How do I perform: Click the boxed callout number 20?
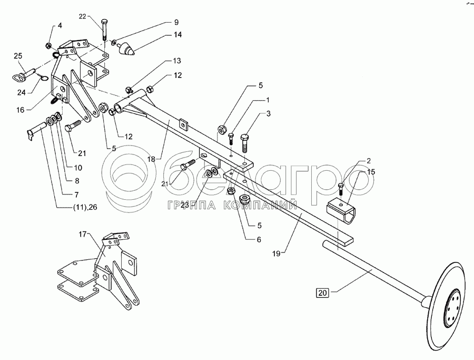(x=322, y=293)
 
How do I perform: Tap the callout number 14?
(x=177, y=35)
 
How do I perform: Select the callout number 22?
(x=83, y=16)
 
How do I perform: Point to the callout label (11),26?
(x=85, y=208)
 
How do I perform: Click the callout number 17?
(x=83, y=234)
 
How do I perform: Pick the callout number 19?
(x=276, y=254)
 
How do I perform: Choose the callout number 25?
(x=18, y=56)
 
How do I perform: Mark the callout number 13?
(x=177, y=61)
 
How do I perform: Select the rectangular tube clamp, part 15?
(x=342, y=212)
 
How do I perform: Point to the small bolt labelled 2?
(x=341, y=189)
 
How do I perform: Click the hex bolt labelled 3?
(x=244, y=143)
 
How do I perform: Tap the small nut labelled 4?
(x=48, y=46)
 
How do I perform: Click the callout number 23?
(x=185, y=205)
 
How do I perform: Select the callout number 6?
(x=259, y=240)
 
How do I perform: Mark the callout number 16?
(x=20, y=110)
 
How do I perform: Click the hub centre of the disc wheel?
(x=452, y=308)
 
